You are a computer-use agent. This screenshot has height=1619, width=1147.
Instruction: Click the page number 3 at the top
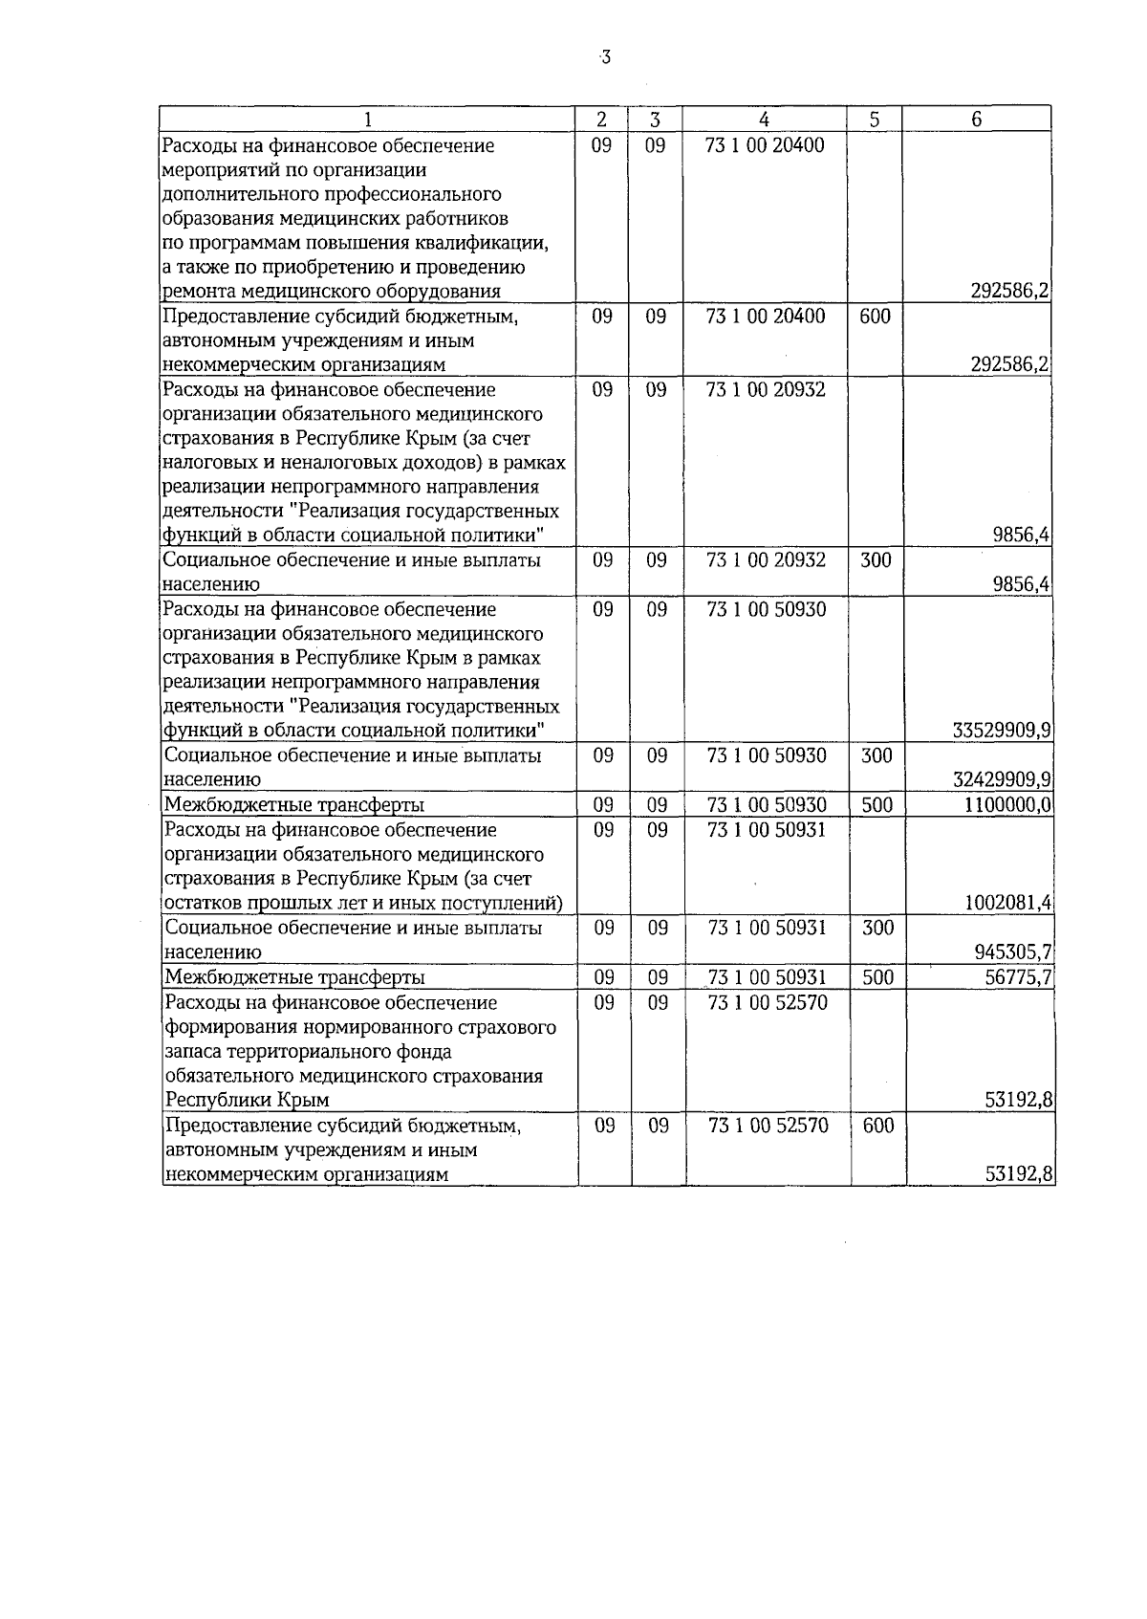point(605,58)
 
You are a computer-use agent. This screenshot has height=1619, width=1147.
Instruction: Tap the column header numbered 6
point(976,120)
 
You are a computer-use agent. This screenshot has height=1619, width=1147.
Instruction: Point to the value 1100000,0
point(1006,805)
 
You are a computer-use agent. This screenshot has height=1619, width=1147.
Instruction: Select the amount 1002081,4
point(1008,903)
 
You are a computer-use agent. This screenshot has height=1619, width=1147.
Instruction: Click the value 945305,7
point(1012,952)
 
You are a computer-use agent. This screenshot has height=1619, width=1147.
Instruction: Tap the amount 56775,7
point(1019,977)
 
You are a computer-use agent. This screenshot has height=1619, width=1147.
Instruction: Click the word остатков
point(204,904)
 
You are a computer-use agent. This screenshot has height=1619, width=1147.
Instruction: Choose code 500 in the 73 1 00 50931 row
point(876,977)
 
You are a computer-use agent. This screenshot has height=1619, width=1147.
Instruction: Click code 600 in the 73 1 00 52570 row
point(877,1126)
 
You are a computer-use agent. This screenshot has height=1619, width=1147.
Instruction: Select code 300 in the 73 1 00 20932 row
point(876,560)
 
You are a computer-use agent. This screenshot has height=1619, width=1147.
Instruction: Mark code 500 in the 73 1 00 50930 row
point(876,805)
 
